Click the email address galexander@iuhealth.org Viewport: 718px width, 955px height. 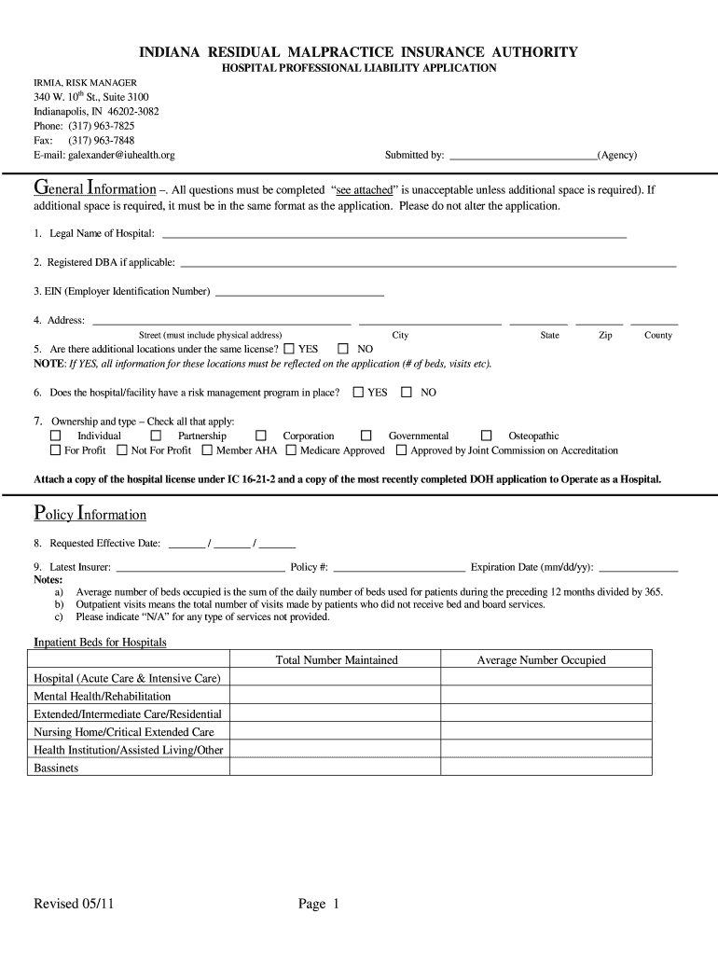(121, 155)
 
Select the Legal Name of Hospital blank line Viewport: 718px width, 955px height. (394, 235)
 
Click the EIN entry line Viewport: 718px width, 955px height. (299, 293)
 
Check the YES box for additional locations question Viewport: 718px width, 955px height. (288, 349)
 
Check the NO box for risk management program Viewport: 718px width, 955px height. (407, 393)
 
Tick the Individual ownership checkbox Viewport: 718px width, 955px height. (56, 436)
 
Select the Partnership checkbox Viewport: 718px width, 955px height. (156, 436)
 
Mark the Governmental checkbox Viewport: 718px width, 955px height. (366, 436)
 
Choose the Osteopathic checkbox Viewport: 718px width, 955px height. (486, 436)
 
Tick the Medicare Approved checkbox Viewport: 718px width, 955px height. (291, 450)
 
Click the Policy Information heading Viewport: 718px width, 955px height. (90, 514)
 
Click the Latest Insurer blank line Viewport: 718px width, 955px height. (200, 567)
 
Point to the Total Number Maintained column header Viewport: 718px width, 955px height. (337, 660)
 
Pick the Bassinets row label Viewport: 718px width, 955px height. (56, 768)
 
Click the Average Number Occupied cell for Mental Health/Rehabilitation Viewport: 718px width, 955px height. (545, 696)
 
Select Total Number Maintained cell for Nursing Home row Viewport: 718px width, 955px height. (335, 732)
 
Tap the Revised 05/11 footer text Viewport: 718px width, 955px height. (75, 904)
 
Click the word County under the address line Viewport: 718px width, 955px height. (657, 336)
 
